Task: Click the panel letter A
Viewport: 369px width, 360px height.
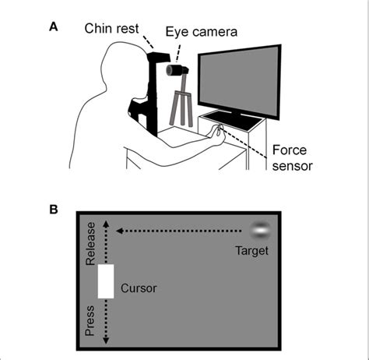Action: (x=54, y=26)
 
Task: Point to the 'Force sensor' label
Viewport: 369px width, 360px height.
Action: (x=292, y=158)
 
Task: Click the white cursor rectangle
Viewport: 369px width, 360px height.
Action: (x=105, y=281)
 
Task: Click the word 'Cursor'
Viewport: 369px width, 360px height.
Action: (x=139, y=288)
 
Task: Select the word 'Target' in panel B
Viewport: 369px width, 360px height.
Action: (x=251, y=250)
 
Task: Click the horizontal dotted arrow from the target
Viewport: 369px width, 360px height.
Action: (x=179, y=231)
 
